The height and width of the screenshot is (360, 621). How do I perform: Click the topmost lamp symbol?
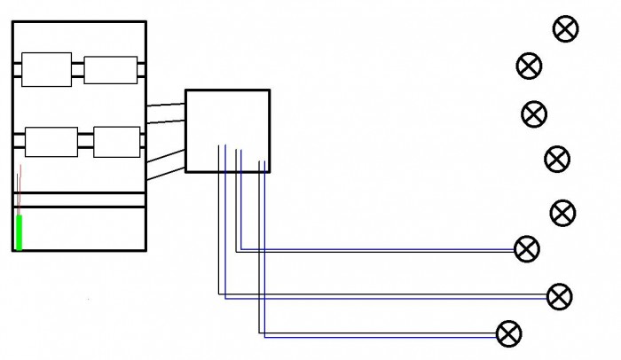(565, 29)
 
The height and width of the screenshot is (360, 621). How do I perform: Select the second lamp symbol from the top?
(529, 66)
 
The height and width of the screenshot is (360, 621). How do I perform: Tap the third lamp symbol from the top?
(534, 113)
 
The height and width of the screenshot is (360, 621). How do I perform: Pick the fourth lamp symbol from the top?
(557, 160)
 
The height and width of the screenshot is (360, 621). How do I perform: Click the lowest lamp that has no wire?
(563, 213)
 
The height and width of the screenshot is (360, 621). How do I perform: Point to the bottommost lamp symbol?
(508, 334)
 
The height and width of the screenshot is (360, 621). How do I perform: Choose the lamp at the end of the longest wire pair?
(559, 296)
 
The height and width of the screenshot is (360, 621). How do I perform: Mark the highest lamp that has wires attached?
(527, 249)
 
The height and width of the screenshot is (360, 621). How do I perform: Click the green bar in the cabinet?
(19, 232)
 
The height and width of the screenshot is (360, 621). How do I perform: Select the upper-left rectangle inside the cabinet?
(46, 70)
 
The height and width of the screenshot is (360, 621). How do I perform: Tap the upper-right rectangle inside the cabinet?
(111, 70)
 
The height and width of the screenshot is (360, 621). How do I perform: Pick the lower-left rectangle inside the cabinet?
(51, 142)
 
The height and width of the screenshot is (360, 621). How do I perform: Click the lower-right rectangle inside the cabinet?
(116, 142)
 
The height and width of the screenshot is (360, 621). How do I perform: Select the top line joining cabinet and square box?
(165, 106)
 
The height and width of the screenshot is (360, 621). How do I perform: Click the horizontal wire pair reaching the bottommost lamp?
(381, 335)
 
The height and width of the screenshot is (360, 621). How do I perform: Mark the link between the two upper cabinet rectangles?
(78, 70)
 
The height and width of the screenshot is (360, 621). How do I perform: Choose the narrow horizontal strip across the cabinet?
(80, 200)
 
